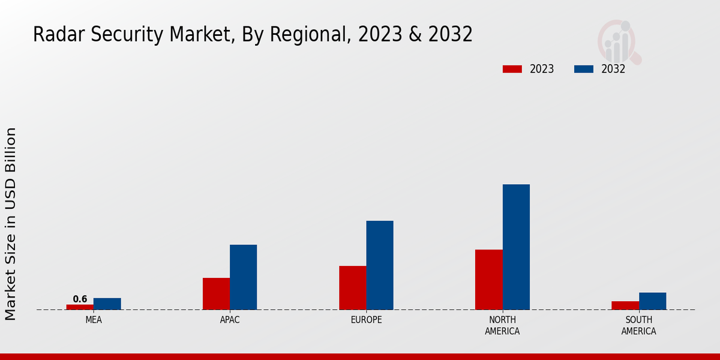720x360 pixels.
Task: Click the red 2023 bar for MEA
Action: pos(80,307)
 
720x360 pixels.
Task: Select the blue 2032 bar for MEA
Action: pos(107,304)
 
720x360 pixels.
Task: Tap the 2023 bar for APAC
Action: pos(216,293)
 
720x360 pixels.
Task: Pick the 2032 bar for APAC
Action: pos(243,277)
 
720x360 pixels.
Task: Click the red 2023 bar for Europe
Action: pos(353,287)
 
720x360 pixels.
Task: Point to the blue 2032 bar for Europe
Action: pos(380,265)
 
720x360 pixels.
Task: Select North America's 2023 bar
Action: pos(488,279)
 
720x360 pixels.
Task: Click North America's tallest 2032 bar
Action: pos(516,247)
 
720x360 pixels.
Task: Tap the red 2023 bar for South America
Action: pos(625,305)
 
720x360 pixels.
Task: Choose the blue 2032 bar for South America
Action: pos(652,301)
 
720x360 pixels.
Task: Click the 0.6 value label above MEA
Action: pos(80,299)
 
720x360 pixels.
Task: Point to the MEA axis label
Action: pos(94,320)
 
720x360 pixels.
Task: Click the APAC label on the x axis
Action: pos(230,320)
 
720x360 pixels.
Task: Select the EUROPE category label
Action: pos(366,320)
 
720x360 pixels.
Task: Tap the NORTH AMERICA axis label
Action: pos(502,325)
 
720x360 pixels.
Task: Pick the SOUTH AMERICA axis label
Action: pos(638,325)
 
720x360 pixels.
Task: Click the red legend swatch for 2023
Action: pos(512,69)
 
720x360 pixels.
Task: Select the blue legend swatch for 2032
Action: pos(583,69)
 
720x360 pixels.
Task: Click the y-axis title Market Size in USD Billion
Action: pos(11,223)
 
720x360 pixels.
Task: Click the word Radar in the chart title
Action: pos(54,35)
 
